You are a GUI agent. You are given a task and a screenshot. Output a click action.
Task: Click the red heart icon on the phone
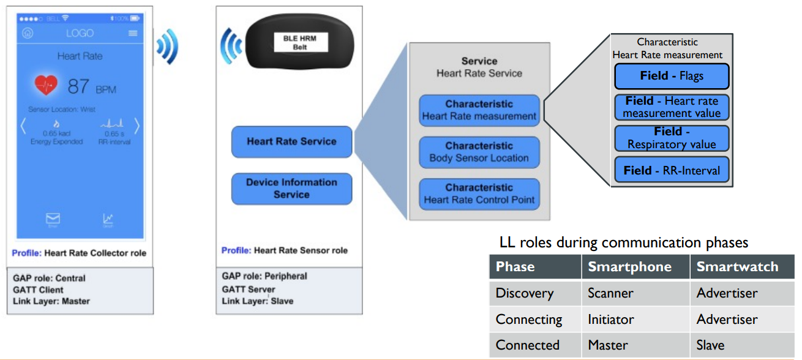(46, 85)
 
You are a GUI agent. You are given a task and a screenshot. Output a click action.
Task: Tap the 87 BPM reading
(91, 86)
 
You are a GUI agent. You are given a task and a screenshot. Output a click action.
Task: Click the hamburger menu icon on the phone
(133, 33)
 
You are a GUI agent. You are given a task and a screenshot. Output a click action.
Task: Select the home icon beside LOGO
(28, 33)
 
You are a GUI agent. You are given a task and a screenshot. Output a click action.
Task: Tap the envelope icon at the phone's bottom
(53, 219)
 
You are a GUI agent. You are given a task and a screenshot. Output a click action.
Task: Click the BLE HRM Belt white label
(299, 42)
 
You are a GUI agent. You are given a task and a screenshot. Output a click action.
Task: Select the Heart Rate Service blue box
(291, 141)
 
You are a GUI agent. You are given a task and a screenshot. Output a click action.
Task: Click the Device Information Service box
(291, 189)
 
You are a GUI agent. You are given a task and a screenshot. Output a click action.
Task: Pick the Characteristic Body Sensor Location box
(479, 152)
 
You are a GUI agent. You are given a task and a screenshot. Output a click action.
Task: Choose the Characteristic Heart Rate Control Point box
(479, 194)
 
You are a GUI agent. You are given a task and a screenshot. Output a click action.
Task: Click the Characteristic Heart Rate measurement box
(479, 110)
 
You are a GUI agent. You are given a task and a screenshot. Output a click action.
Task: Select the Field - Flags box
(672, 77)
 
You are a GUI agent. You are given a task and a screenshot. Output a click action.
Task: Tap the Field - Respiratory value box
(672, 138)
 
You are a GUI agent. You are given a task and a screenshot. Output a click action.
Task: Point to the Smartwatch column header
(737, 267)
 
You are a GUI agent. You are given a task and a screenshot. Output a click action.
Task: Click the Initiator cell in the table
(611, 320)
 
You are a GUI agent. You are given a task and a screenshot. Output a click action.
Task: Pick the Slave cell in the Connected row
(710, 345)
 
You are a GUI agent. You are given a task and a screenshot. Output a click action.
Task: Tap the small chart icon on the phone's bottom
(108, 219)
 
